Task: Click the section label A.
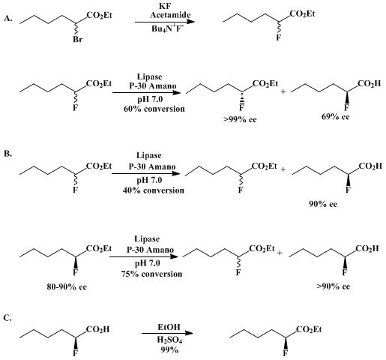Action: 7,18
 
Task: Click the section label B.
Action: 7,153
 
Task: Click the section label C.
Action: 7,318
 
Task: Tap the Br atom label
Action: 77,39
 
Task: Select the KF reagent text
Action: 165,7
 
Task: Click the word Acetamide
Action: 170,15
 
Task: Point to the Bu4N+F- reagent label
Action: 167,28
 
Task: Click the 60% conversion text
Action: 154,109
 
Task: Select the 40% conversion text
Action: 154,190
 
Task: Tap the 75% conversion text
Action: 152,274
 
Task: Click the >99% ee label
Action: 240,119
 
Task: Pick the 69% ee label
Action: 336,117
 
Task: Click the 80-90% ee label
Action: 67,286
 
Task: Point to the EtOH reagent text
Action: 169,327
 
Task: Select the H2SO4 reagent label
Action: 169,340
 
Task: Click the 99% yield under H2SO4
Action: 169,349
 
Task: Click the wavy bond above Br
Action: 76,30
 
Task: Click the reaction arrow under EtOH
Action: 167,333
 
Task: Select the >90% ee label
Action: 334,286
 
